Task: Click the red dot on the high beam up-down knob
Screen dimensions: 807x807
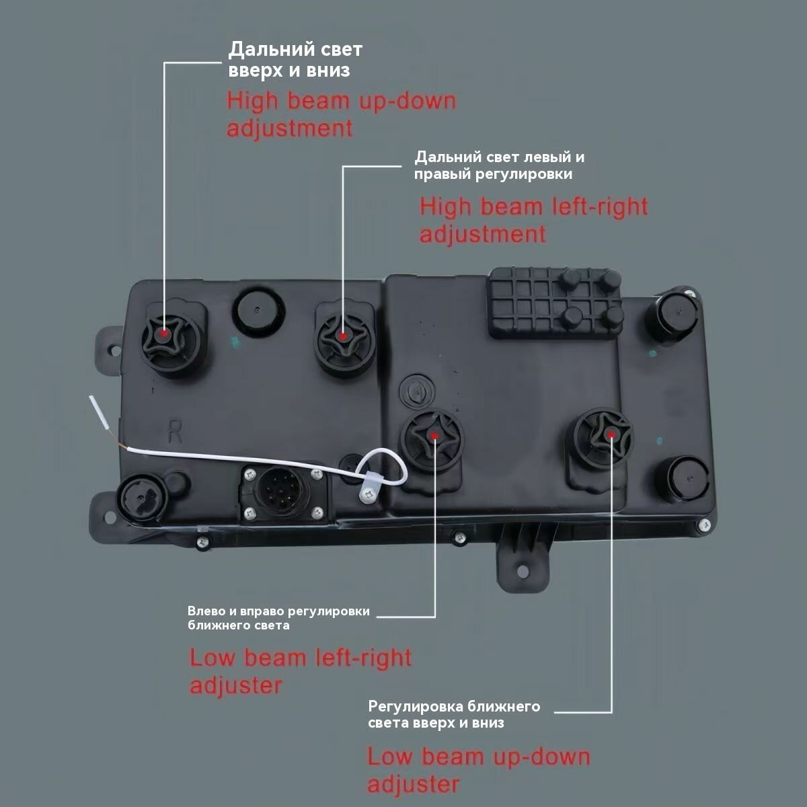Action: (164, 334)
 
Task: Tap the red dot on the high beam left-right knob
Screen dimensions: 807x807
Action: (343, 336)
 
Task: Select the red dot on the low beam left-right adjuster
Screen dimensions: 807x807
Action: (434, 436)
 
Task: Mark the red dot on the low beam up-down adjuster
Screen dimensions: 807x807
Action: (611, 434)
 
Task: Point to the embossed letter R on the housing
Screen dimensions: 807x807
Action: (175, 431)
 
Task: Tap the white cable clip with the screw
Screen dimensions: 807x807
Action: (367, 488)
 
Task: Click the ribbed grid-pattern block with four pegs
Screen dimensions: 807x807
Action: (555, 303)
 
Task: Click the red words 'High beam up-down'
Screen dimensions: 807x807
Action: (342, 102)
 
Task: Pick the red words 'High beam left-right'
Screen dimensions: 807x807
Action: (534, 207)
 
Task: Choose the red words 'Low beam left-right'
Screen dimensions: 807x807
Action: (301, 658)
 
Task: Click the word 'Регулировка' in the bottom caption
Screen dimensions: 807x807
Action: (415, 707)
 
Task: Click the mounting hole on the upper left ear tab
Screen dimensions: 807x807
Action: (112, 348)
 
